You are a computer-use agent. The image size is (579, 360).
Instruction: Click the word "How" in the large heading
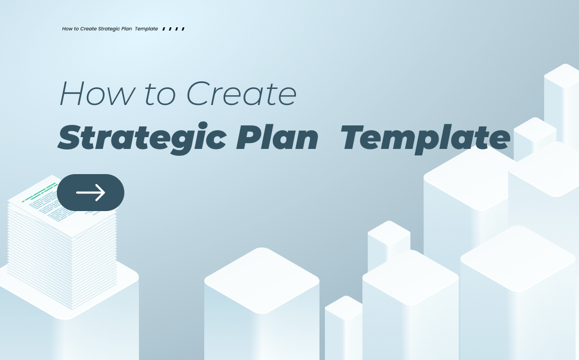pyautogui.click(x=96, y=94)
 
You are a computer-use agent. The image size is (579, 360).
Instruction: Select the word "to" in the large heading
pyautogui.click(x=160, y=94)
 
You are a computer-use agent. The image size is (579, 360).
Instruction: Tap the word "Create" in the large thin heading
pyautogui.click(x=241, y=94)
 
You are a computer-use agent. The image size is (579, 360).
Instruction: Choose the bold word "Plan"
pyautogui.click(x=277, y=137)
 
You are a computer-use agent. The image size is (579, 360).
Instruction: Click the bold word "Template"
pyautogui.click(x=425, y=139)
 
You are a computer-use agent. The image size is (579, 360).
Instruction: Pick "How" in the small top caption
pyautogui.click(x=67, y=29)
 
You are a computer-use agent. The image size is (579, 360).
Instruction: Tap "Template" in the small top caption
pyautogui.click(x=146, y=29)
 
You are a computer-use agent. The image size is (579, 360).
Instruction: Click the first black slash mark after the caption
pyautogui.click(x=164, y=29)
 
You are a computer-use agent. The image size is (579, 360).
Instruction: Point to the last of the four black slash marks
pyautogui.click(x=183, y=29)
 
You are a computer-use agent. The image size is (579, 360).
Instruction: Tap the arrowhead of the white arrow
pyautogui.click(x=100, y=192)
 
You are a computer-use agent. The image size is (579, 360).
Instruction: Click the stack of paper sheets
pyautogui.click(x=62, y=243)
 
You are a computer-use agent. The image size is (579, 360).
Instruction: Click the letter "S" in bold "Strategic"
pyautogui.click(x=70, y=137)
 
